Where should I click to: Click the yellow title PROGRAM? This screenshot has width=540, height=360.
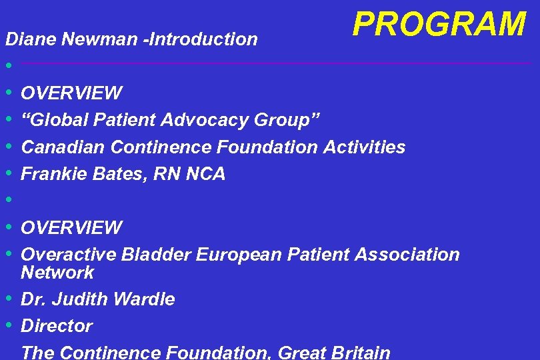pyautogui.click(x=439, y=25)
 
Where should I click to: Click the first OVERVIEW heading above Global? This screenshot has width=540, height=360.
pyautogui.click(x=71, y=93)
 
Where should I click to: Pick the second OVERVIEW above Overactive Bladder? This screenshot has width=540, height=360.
pyautogui.click(x=71, y=228)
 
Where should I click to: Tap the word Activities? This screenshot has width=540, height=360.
pyautogui.click(x=364, y=147)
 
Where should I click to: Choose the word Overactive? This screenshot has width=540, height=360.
pyautogui.click(x=69, y=255)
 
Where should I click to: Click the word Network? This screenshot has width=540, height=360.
pyautogui.click(x=57, y=272)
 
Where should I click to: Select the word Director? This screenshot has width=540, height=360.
pyautogui.click(x=57, y=326)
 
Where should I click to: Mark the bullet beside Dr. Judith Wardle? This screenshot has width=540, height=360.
pyautogui.click(x=9, y=299)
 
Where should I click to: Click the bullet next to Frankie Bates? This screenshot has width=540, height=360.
pyautogui.click(x=9, y=174)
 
